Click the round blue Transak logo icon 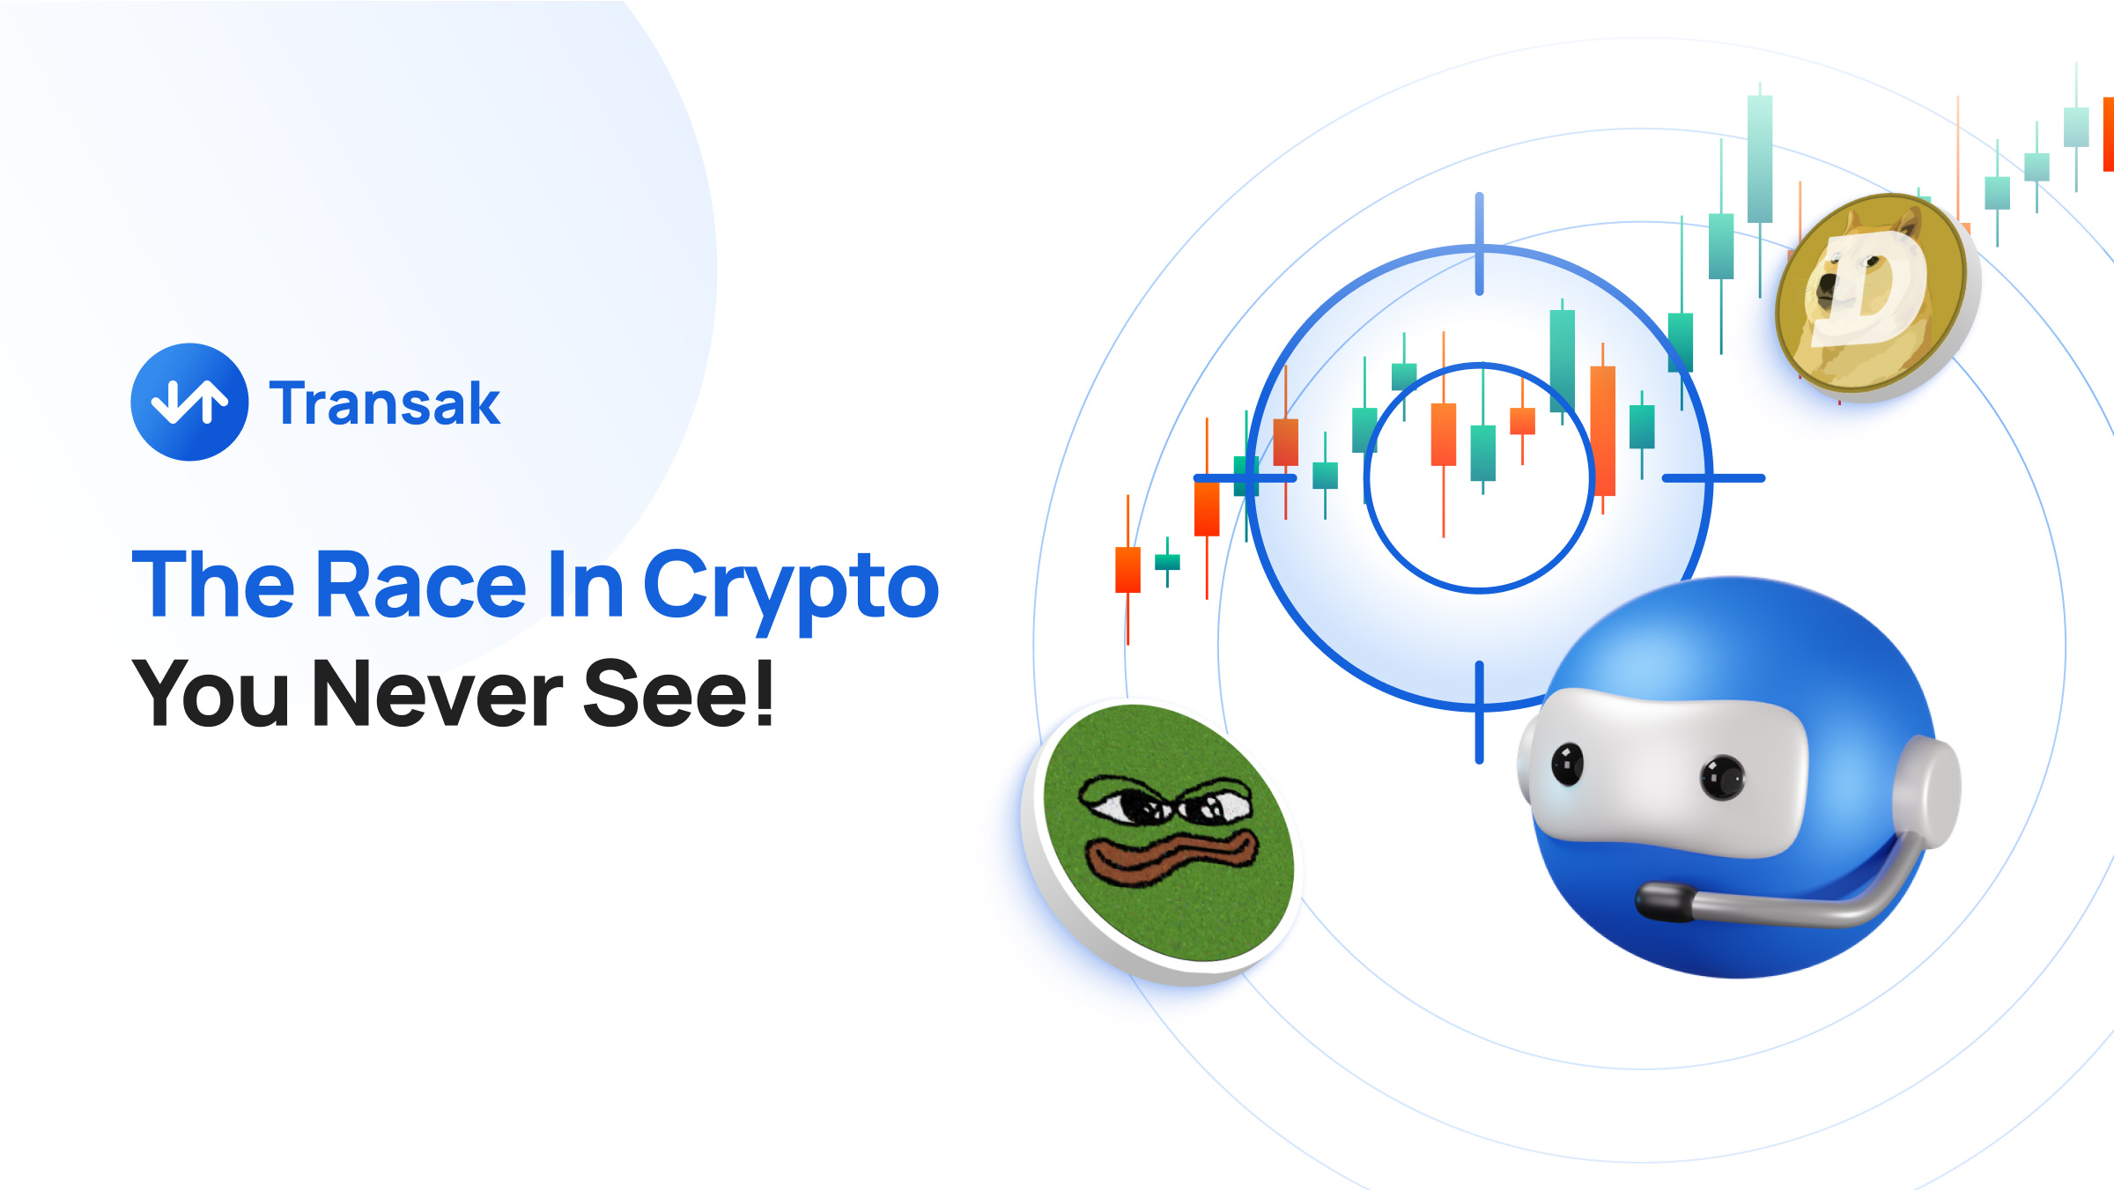tap(189, 402)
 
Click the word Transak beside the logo tap(385, 403)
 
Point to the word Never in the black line tap(437, 693)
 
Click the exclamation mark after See tap(764, 692)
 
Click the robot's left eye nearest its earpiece tap(1723, 777)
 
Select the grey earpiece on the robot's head tap(1926, 792)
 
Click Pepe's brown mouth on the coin tap(1172, 858)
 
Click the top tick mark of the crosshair tap(1479, 244)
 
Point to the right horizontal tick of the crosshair tap(1713, 478)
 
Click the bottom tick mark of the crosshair tap(1479, 712)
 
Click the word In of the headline tap(586, 583)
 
